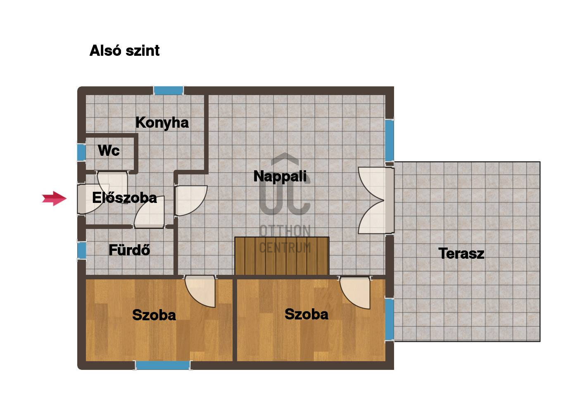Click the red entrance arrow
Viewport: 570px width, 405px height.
tap(54, 198)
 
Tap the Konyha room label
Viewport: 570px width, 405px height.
tap(162, 123)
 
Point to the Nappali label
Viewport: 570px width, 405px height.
tap(280, 176)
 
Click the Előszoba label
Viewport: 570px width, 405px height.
tap(124, 198)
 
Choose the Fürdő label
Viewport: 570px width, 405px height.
tap(129, 250)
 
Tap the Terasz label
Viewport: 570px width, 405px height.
tap(461, 254)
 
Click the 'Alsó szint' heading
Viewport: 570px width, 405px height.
tap(124, 50)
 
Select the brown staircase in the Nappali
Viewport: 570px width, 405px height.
tap(282, 256)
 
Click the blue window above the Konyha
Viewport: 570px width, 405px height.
tap(168, 91)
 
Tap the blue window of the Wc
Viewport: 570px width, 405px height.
tap(81, 152)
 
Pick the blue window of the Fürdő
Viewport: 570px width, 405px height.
tap(81, 250)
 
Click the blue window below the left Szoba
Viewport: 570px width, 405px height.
tap(163, 365)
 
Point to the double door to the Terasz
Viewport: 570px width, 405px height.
tap(376, 200)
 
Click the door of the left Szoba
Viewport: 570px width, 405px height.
tap(200, 291)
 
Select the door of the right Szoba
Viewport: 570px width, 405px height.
tap(355, 292)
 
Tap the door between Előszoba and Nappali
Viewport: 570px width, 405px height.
tap(191, 201)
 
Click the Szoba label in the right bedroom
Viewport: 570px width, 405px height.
tap(306, 314)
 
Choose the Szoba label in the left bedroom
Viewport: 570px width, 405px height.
tap(154, 315)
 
